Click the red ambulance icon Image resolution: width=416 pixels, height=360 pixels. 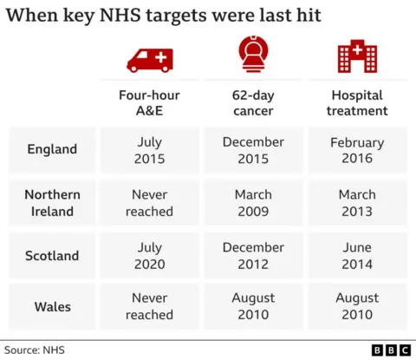(149, 59)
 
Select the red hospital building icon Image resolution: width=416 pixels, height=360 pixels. (356, 57)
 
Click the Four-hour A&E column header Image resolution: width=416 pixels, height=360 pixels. (149, 102)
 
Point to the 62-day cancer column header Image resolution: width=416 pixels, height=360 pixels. (253, 102)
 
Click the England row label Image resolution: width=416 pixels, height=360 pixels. (51, 149)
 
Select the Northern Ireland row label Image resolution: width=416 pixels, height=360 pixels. (51, 203)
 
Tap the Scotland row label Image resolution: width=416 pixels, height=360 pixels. (51, 256)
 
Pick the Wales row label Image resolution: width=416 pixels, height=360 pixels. (51, 306)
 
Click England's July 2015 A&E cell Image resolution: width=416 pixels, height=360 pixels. (149, 150)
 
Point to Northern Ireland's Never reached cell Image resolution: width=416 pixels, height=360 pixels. (149, 203)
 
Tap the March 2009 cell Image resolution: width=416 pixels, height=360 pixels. (253, 203)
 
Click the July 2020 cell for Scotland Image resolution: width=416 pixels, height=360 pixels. (149, 255)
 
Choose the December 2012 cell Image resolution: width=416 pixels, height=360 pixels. (253, 255)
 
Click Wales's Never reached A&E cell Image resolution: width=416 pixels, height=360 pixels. (149, 306)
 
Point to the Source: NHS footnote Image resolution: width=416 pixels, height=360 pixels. (34, 350)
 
